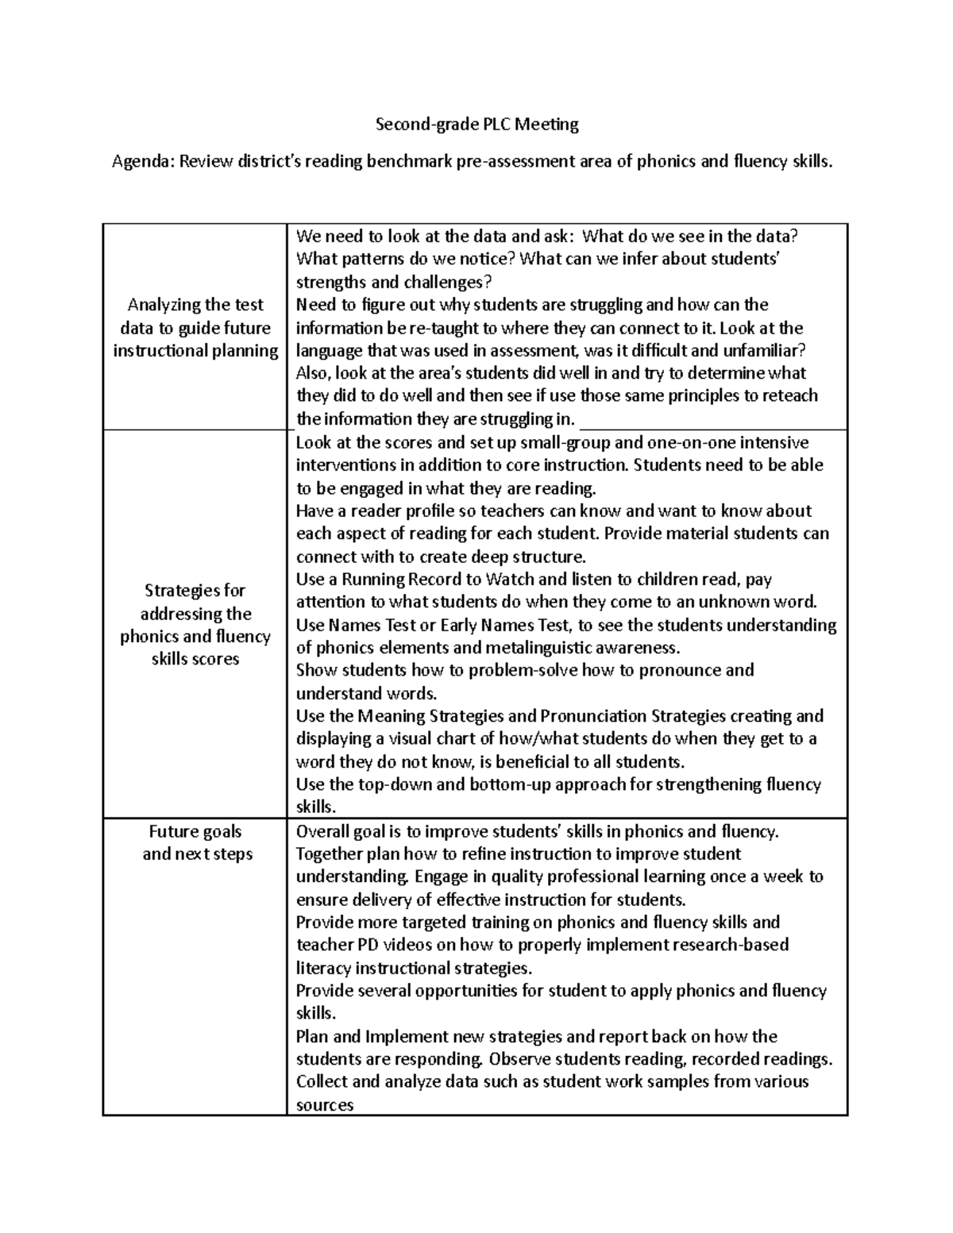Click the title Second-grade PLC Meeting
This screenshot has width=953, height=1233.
point(476,124)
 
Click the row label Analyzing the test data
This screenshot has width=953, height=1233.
point(195,328)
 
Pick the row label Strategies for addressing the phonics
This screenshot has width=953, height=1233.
point(195,625)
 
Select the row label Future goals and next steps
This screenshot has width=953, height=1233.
point(195,843)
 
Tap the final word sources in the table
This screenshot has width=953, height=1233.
point(324,1105)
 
